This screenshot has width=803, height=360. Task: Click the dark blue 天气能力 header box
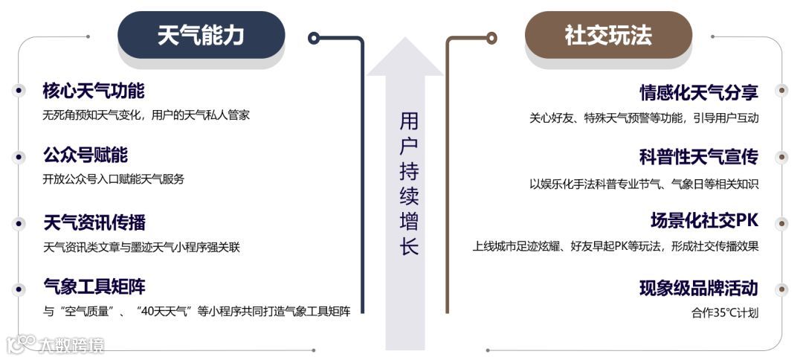pos(201,36)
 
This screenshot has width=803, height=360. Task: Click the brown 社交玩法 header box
pos(608,36)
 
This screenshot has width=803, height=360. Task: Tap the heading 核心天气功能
pos(94,91)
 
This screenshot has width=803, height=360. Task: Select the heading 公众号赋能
pos(86,155)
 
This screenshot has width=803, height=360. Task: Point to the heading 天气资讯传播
pos(94,222)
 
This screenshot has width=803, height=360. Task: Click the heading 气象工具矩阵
pos(94,287)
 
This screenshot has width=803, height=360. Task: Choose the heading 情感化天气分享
pos(699,92)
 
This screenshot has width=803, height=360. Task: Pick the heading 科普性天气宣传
pos(699,157)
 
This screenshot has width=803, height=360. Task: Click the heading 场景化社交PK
pos(704,222)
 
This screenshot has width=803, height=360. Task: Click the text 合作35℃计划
pos(725,313)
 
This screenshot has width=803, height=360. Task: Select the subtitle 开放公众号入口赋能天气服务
pos(113,179)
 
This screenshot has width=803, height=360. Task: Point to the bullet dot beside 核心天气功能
pos(19,90)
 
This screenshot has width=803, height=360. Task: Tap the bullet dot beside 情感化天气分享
pos(781,91)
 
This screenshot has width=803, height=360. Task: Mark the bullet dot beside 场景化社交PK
pos(781,223)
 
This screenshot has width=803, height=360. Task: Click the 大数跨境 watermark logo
pos(56,344)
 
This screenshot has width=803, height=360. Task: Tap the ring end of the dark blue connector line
pos(314,37)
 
